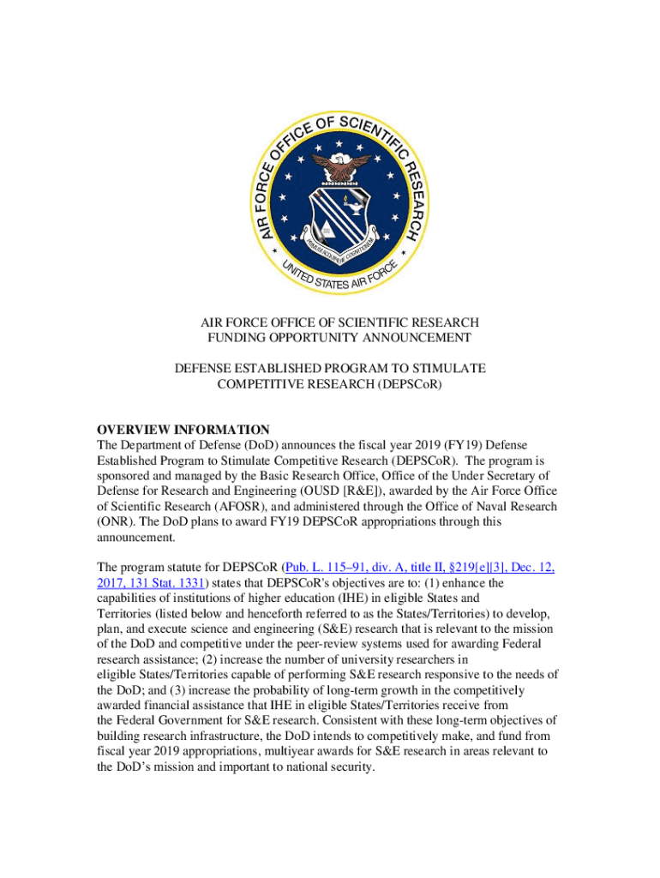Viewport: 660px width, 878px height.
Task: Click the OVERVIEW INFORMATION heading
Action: coord(183,430)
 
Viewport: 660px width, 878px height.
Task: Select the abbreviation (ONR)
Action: coord(116,521)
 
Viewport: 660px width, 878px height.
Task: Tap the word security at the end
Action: coord(351,767)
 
